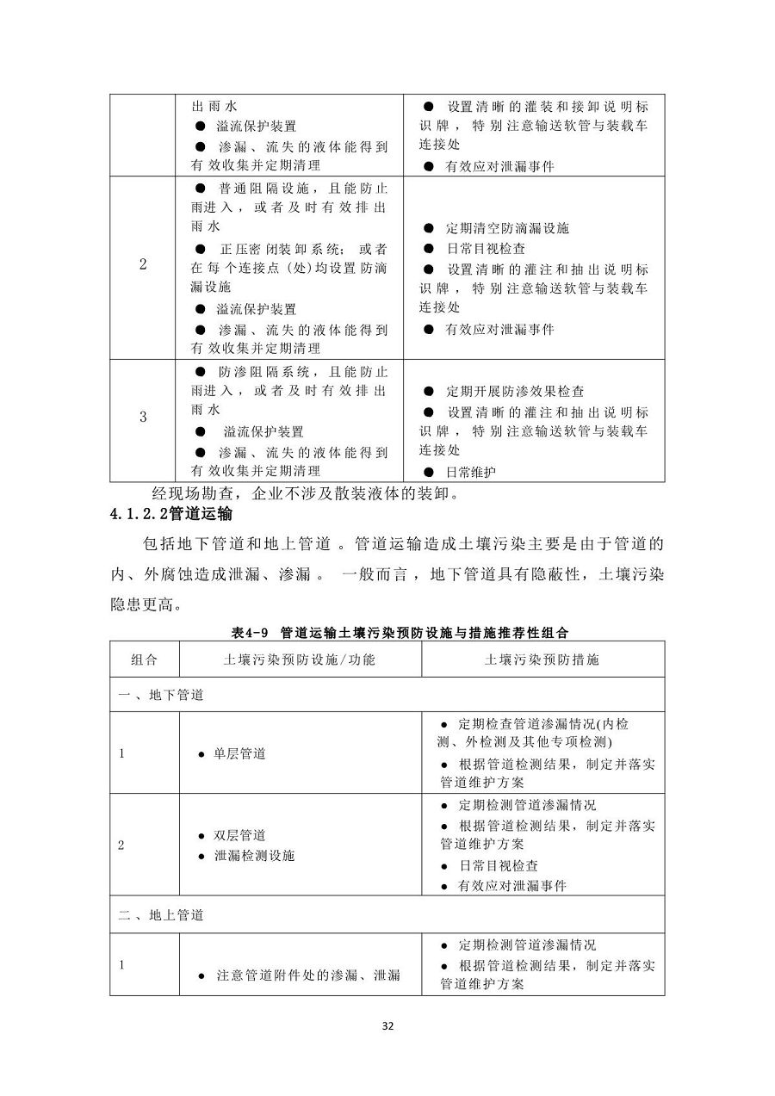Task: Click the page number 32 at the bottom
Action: pos(387,1026)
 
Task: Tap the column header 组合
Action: pos(144,659)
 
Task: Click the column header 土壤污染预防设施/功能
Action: pos(300,659)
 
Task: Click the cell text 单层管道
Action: pos(239,753)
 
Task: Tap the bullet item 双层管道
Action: pos(239,835)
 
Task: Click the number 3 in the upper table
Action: pos(143,417)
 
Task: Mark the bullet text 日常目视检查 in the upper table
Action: pos(485,248)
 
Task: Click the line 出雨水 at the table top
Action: pos(214,108)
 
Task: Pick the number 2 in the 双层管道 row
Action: pos(121,845)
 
